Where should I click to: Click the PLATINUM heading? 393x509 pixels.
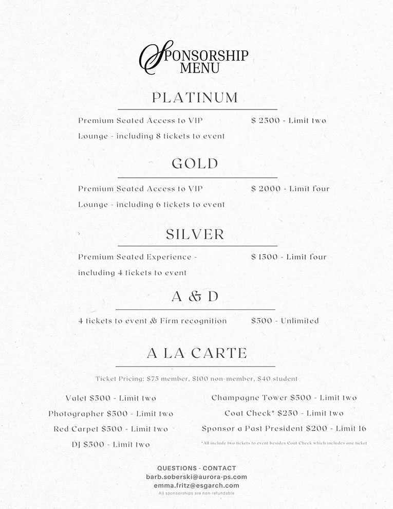[x=195, y=98]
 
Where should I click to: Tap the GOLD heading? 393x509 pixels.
[x=195, y=164]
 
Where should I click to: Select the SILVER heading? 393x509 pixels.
[x=195, y=234]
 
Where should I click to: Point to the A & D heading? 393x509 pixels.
[x=195, y=297]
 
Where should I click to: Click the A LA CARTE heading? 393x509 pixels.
[x=197, y=353]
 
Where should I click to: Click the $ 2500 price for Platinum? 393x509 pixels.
[x=266, y=121]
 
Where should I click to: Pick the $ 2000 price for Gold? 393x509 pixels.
[x=266, y=189]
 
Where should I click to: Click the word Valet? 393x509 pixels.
[x=76, y=398]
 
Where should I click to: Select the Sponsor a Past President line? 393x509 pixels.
[x=284, y=428]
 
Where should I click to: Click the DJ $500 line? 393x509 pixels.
[x=111, y=444]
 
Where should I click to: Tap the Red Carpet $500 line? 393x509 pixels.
[x=111, y=429]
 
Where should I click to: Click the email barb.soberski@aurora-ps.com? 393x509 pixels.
[x=196, y=477]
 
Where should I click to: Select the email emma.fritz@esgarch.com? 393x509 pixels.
[x=196, y=485]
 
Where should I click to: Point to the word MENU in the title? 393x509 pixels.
[x=200, y=68]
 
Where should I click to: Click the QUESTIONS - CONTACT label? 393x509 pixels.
[x=196, y=468]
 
